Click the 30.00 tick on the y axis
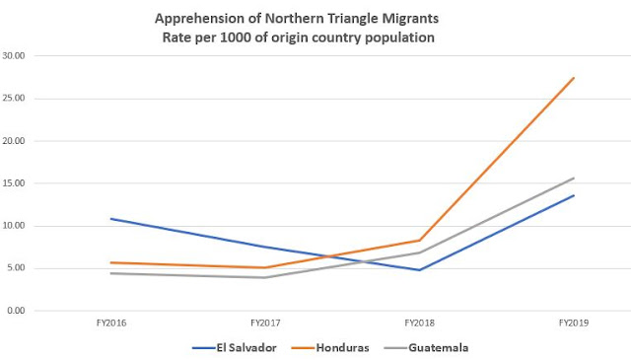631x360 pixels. coord(17,56)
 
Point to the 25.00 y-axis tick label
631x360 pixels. coord(17,99)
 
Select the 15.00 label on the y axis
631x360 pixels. coord(17,183)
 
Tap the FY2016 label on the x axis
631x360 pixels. coord(111,323)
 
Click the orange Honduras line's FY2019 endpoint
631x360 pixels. coord(574,78)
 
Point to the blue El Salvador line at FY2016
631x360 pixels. coord(111,219)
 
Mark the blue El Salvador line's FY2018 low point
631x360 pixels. coord(420,270)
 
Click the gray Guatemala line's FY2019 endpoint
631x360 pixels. coord(574,179)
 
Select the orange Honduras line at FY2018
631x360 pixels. coord(420,241)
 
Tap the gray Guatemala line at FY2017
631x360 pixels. coord(265,277)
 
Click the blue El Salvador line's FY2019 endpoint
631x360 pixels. coord(574,195)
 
